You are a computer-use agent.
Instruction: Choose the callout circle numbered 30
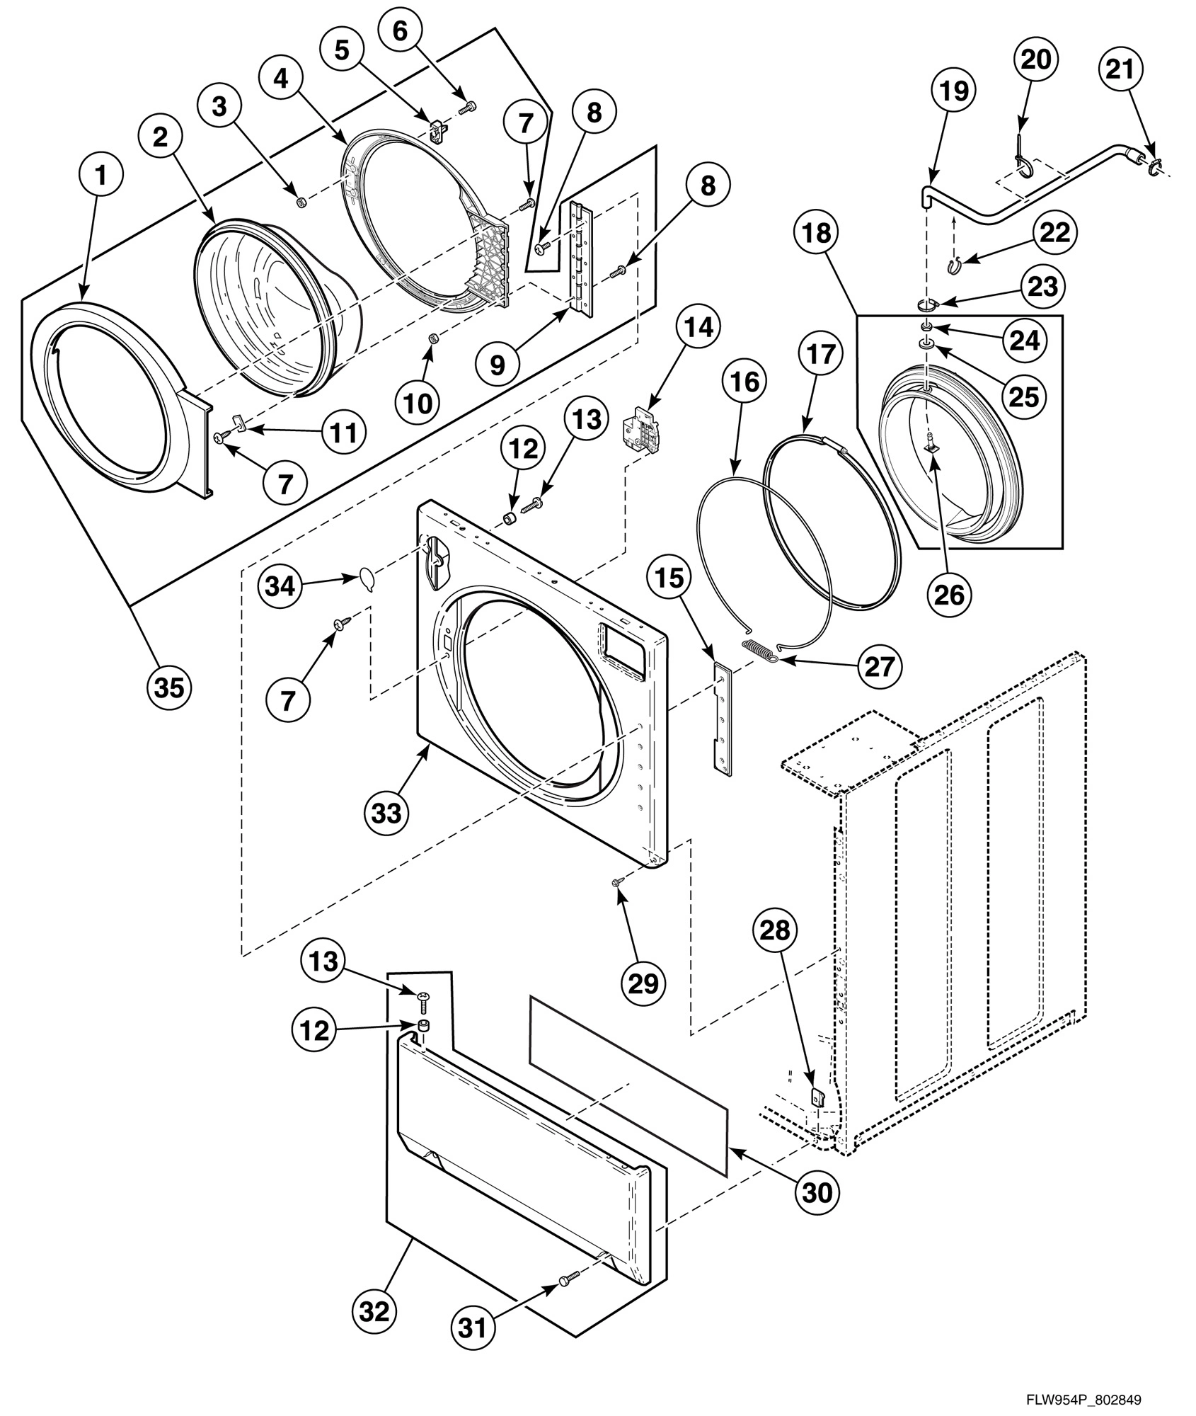[817, 1192]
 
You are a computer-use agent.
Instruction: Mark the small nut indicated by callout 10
[432, 341]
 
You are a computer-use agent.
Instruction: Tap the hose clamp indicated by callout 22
[955, 265]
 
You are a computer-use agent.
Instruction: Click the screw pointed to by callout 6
[468, 107]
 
